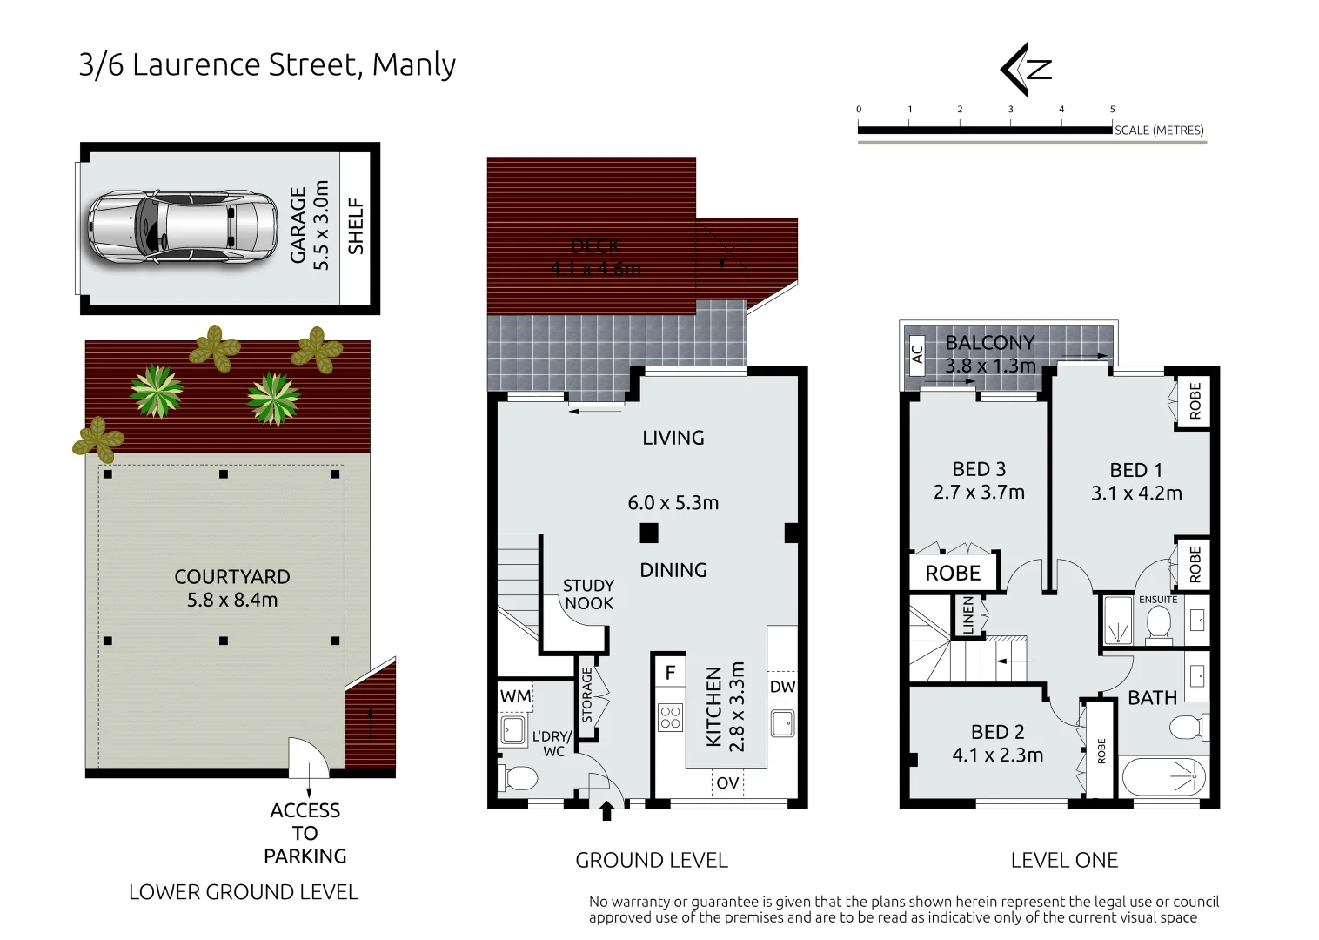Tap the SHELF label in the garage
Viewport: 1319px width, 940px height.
pyautogui.click(x=355, y=226)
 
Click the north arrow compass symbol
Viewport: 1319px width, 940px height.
pyautogui.click(x=1027, y=69)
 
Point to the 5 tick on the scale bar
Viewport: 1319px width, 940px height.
pyautogui.click(x=1112, y=110)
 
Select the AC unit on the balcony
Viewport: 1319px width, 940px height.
pyautogui.click(x=916, y=354)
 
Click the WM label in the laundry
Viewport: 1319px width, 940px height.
pyautogui.click(x=515, y=696)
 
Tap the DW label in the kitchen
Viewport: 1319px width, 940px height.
pyautogui.click(x=782, y=687)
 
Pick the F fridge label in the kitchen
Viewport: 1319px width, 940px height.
pyautogui.click(x=670, y=672)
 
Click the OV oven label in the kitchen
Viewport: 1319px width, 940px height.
pyautogui.click(x=727, y=783)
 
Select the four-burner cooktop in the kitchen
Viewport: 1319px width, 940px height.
pyautogui.click(x=670, y=717)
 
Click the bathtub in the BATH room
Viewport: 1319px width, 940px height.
pyautogui.click(x=1163, y=776)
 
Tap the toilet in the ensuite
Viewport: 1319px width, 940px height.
pyautogui.click(x=1158, y=623)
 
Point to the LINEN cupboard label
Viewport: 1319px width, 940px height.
pyautogui.click(x=968, y=615)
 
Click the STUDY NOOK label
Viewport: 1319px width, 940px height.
pyautogui.click(x=588, y=594)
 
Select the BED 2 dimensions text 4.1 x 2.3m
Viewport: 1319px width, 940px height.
pyautogui.click(x=997, y=755)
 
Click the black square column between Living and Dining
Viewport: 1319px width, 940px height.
pyautogui.click(x=648, y=533)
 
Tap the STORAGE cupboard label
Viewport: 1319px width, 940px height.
pyautogui.click(x=587, y=695)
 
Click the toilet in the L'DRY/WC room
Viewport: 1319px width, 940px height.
pyautogui.click(x=519, y=776)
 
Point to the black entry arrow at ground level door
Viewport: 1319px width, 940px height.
pyautogui.click(x=606, y=812)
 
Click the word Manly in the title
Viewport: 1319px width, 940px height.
pyautogui.click(x=413, y=65)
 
